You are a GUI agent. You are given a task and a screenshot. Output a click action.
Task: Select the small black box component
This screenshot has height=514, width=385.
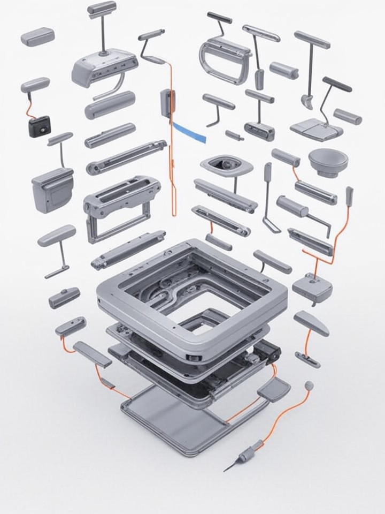coord(39,126)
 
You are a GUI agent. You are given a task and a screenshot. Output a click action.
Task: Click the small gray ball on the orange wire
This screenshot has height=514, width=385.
coord(309,385)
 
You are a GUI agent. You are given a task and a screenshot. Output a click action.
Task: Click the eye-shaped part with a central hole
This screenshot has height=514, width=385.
coord(226,165)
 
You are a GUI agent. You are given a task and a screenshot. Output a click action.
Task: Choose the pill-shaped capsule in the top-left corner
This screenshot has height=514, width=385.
coord(37,37)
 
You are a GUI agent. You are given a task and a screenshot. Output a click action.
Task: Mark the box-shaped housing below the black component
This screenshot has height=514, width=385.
coord(52,190)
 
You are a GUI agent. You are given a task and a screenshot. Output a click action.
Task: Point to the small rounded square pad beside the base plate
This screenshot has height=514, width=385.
coord(273,389)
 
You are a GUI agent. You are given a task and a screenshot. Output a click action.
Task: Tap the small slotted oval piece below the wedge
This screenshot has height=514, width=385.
coord(307,359)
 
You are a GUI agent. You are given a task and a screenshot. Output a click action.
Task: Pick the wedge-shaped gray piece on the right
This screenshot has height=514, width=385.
coord(311,323)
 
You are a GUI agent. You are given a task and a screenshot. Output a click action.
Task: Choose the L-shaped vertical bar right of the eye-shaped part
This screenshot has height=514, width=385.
coord(269,198)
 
